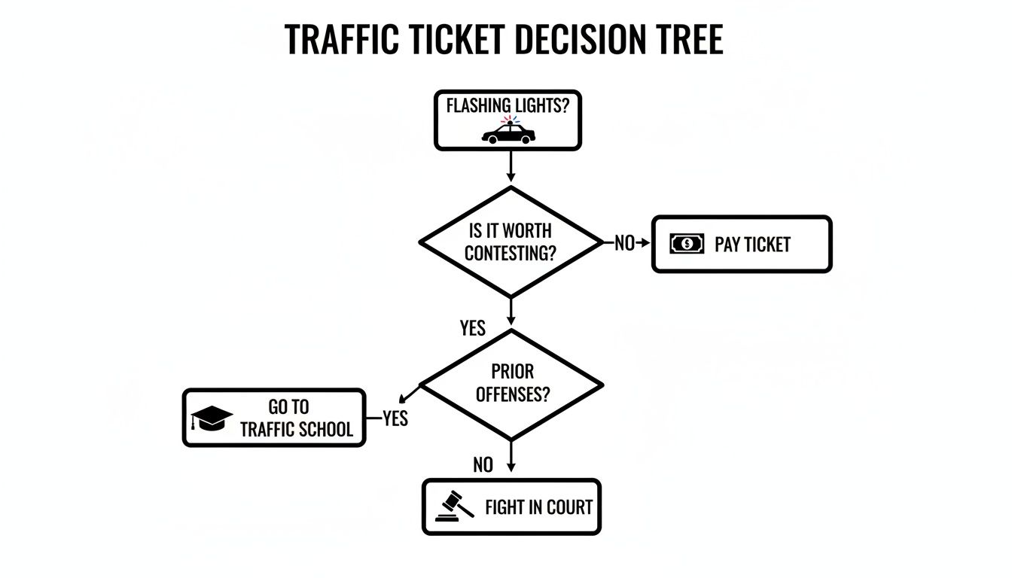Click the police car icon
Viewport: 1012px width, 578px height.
click(x=508, y=135)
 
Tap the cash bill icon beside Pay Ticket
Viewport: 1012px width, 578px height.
click(x=687, y=244)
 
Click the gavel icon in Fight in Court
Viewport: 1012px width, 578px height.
click(x=455, y=506)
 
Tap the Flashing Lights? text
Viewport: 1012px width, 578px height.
click(x=508, y=105)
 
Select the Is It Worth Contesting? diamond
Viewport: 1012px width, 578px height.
click(x=511, y=242)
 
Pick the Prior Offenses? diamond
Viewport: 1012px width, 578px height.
click(x=511, y=383)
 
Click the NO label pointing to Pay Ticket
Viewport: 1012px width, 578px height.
click(x=624, y=243)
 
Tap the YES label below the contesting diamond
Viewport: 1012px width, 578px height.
click(x=473, y=328)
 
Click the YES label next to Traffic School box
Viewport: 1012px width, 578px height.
click(x=395, y=418)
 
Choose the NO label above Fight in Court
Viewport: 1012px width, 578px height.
click(x=483, y=466)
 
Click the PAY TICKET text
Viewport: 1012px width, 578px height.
click(x=752, y=245)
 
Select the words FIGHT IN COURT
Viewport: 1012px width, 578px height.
click(x=538, y=507)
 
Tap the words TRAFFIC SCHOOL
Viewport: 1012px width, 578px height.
click(x=297, y=430)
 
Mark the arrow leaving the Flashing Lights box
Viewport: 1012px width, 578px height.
click(x=511, y=166)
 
